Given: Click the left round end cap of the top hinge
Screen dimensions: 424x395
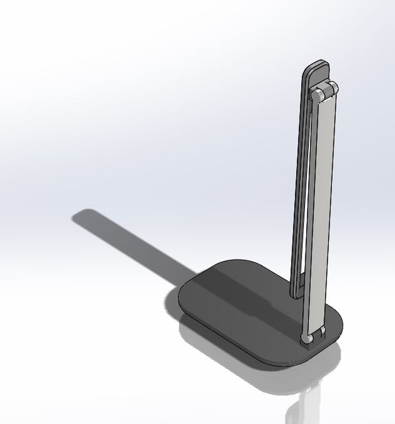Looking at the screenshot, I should pyautogui.click(x=317, y=95).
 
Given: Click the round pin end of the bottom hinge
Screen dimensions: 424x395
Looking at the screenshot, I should pyautogui.click(x=307, y=339).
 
